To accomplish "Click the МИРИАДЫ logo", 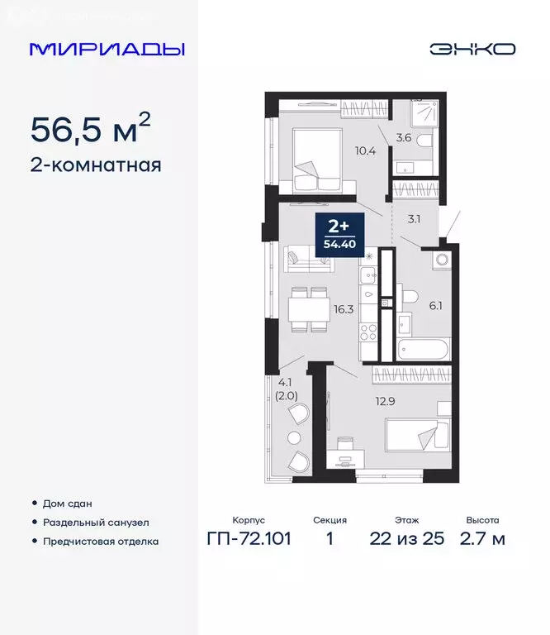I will click(107, 49).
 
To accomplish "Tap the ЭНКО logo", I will click(472, 49).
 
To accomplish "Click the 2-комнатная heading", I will click(96, 165).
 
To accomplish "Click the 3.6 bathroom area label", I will click(404, 138).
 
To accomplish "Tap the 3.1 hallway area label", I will click(415, 219).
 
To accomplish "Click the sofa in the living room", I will click(307, 259).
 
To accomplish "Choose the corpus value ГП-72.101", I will click(249, 539).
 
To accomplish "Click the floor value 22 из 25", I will click(406, 539).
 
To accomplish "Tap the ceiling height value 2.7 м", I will click(482, 539).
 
